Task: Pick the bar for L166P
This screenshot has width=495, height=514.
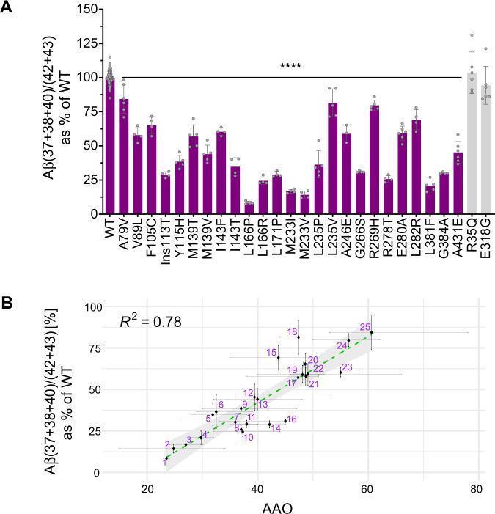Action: coord(248,208)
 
